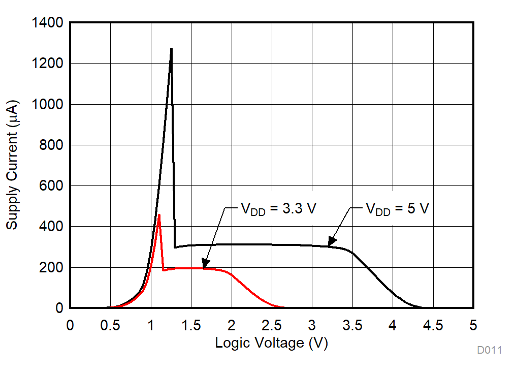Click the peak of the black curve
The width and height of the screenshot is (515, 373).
coord(171,49)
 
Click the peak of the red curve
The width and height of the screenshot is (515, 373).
coord(159,215)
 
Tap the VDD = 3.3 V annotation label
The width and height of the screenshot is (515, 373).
coord(278,208)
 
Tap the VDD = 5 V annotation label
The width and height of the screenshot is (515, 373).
coord(398,208)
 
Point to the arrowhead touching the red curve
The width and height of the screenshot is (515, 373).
coord(204,265)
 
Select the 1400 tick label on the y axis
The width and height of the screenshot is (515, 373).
coord(47,23)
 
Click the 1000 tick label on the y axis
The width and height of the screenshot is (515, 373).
coord(47,104)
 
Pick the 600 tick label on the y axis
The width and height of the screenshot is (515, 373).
coord(50,186)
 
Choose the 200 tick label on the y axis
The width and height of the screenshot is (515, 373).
coord(50,267)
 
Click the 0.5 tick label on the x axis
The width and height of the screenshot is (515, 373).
coord(110,325)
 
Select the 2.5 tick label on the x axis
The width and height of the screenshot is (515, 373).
coord(272,325)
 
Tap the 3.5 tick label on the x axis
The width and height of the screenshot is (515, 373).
coord(352,325)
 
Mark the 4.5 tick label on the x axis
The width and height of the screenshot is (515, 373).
coord(433,325)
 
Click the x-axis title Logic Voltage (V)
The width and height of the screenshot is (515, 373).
coord(271,343)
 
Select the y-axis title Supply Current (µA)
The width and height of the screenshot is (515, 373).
coord(12,165)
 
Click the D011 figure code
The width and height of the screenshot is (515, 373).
coord(489,350)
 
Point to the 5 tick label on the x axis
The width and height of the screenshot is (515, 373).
coord(473,325)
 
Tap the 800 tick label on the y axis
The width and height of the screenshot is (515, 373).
coord(50,145)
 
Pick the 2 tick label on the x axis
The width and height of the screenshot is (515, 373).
coord(232,325)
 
